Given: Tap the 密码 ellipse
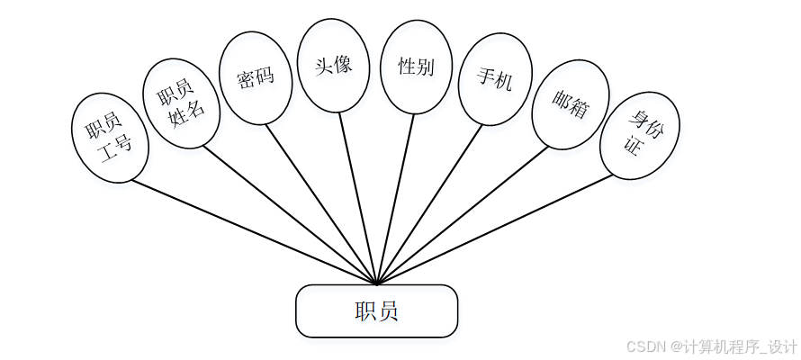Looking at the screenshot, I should pos(256,78).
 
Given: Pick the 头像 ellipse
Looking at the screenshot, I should pos(333,66).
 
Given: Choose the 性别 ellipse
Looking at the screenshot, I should pos(416,67).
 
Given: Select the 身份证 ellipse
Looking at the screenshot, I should pos(639,135).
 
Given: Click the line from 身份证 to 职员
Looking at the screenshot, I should pos(495,229).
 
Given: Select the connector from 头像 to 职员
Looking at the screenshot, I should pos(358,198).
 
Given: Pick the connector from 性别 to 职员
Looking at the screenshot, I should pos(396,198).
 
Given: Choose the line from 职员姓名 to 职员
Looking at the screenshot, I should pos(288,214).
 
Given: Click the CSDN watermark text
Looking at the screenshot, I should pos(711,346).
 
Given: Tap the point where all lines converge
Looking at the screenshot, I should pos(377,284).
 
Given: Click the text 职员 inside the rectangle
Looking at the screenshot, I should pos(376,311).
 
